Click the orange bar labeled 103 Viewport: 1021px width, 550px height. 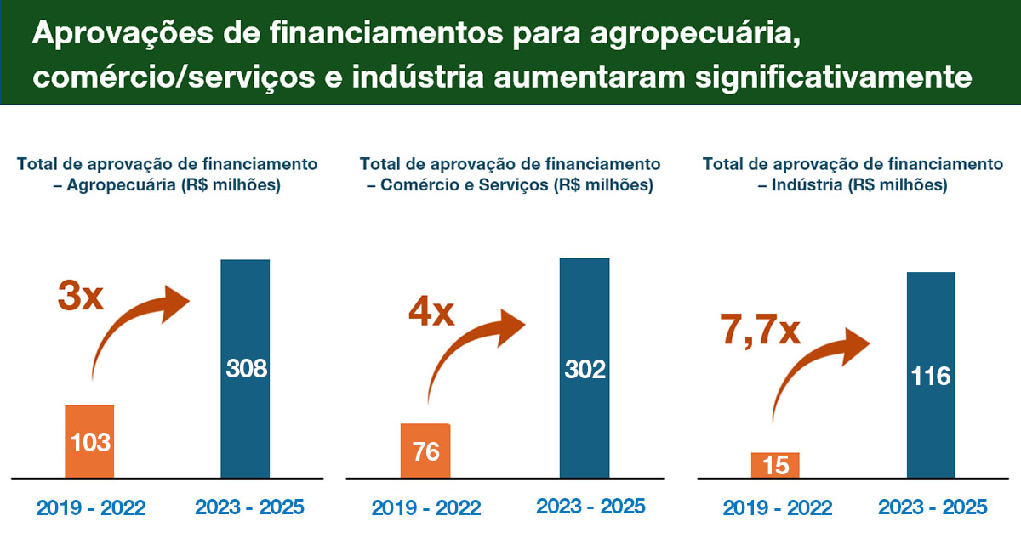coord(89,441)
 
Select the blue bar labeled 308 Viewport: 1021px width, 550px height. coord(245,368)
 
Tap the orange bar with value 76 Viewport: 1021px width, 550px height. coord(425,451)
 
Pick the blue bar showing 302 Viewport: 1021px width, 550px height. coord(585,368)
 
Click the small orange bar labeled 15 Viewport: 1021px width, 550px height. coord(775,465)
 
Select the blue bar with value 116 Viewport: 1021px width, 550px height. coord(931,375)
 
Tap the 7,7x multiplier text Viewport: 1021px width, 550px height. coord(761,330)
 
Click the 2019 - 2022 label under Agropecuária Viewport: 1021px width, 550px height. coord(91,508)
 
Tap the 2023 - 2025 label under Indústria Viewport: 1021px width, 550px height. coord(933,507)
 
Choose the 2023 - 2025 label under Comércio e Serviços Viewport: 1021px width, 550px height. coord(590,507)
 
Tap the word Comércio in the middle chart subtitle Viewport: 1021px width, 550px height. coord(412,185)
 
